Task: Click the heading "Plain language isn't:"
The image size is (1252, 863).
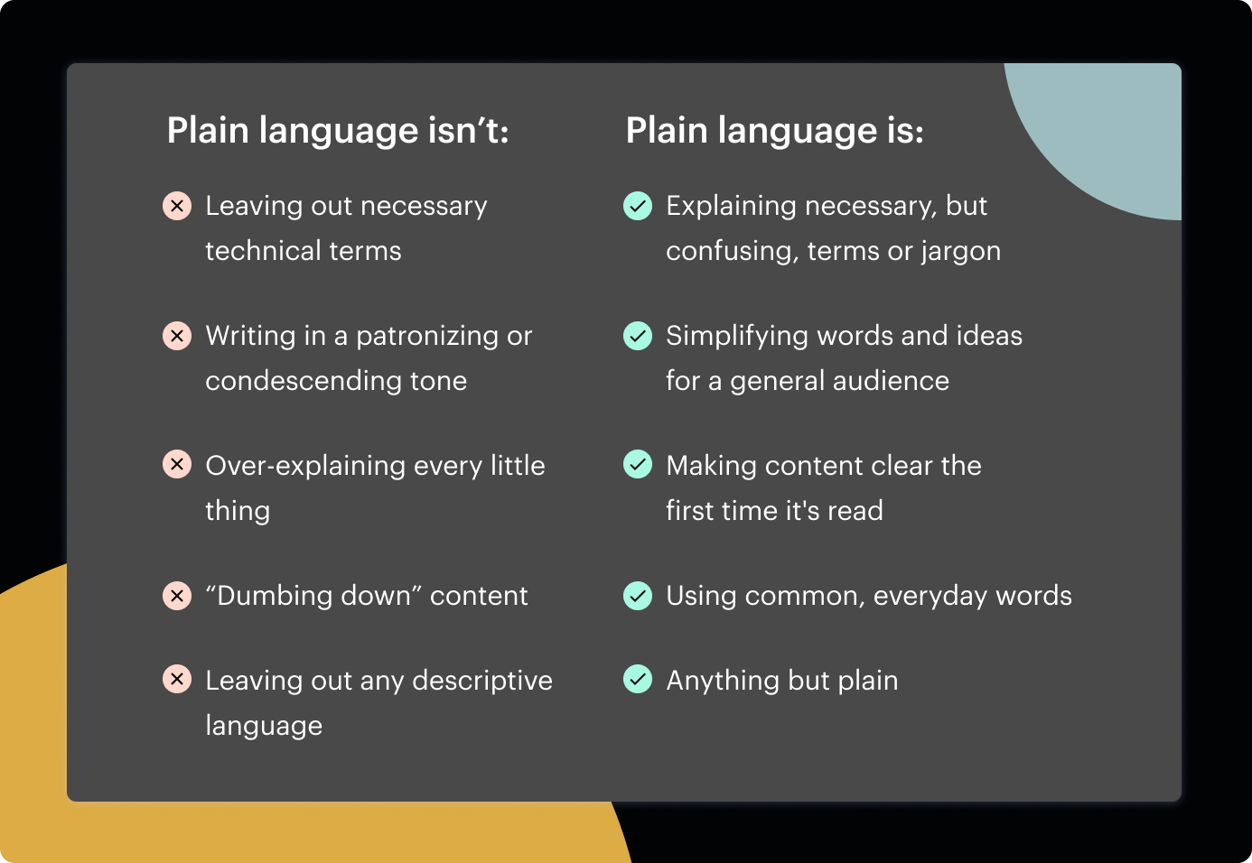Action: (338, 131)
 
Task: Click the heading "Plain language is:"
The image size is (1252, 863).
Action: (775, 131)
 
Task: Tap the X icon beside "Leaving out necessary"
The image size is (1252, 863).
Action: (177, 206)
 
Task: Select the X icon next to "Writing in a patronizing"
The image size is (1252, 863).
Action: (177, 336)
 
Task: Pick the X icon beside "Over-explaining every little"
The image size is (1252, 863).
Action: (177, 464)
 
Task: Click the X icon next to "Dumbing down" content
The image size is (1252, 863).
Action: (177, 596)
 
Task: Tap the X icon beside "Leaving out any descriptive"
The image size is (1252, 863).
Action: (177, 679)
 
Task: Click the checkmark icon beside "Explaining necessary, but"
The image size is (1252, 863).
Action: (638, 206)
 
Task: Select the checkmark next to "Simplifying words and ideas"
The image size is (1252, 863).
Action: (638, 336)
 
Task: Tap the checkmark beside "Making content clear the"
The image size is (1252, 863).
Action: (638, 464)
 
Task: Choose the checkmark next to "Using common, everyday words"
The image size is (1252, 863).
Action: (638, 596)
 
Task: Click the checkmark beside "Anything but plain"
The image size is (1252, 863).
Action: (638, 679)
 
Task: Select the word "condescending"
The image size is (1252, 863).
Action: (304, 382)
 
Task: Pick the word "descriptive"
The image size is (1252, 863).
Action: (482, 682)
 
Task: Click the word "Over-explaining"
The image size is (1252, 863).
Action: (305, 467)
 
